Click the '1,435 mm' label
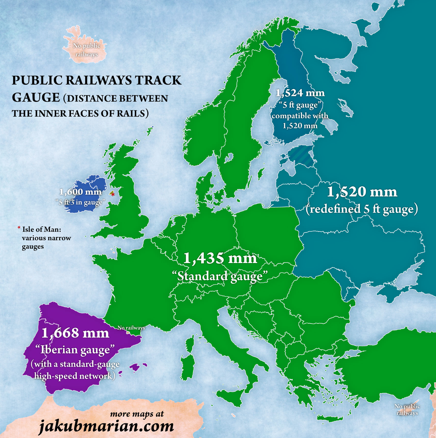point(220,258)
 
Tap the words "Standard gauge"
point(220,276)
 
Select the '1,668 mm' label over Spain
point(75,333)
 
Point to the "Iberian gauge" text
point(75,349)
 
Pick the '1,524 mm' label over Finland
point(300,93)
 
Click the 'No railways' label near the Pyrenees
point(131,328)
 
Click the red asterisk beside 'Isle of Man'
point(19,229)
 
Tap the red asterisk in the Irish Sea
point(113,194)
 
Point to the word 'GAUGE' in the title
point(36,97)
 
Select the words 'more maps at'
point(137,414)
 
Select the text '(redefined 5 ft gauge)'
point(362,209)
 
